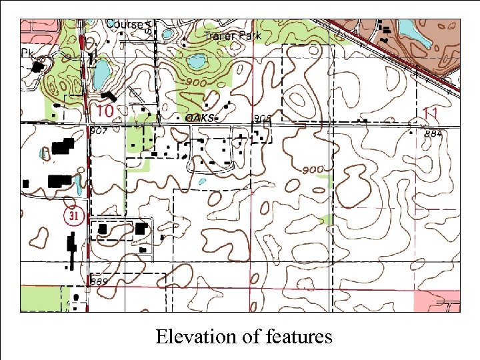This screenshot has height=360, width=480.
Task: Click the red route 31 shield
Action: (72, 216)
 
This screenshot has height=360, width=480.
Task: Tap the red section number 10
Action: (105, 110)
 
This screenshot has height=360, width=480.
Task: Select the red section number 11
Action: (431, 113)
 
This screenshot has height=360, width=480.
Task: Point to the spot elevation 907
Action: (98, 131)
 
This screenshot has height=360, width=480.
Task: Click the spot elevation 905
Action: (263, 118)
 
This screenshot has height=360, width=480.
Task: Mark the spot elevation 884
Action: (433, 134)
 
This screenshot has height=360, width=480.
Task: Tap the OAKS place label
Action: (200, 117)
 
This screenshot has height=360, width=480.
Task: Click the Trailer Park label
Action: (233, 36)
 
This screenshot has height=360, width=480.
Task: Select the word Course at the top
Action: (125, 25)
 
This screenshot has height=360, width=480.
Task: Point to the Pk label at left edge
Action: (27, 52)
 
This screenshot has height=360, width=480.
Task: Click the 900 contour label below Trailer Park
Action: (197, 82)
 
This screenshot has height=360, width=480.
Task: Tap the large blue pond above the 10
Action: (101, 74)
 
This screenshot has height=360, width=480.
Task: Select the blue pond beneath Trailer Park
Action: (197, 63)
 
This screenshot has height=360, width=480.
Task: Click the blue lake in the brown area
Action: (408, 27)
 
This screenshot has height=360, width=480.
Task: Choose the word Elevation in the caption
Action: (197, 337)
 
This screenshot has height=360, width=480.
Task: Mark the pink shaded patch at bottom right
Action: (437, 301)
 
